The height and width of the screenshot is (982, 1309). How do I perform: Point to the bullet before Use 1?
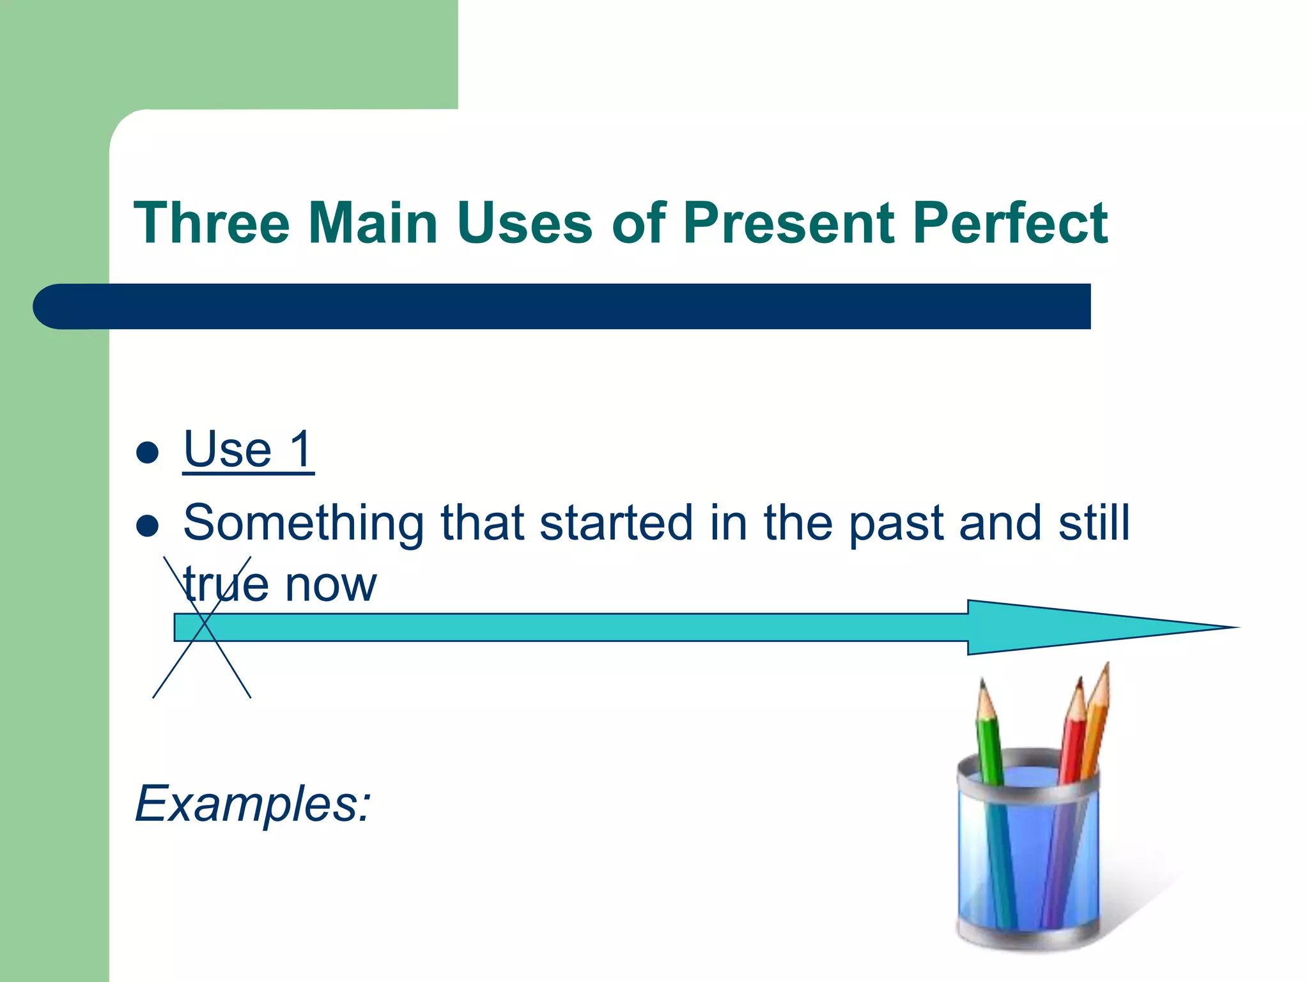tap(148, 453)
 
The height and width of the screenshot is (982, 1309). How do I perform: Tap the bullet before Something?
tap(148, 526)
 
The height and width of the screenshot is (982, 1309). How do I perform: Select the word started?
tap(616, 523)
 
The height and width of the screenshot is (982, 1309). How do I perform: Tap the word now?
tap(330, 584)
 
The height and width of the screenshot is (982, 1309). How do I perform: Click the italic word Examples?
tap(253, 804)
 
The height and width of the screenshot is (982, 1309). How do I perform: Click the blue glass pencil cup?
tap(1028, 857)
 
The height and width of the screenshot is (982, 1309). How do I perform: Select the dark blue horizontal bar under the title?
tap(562, 306)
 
